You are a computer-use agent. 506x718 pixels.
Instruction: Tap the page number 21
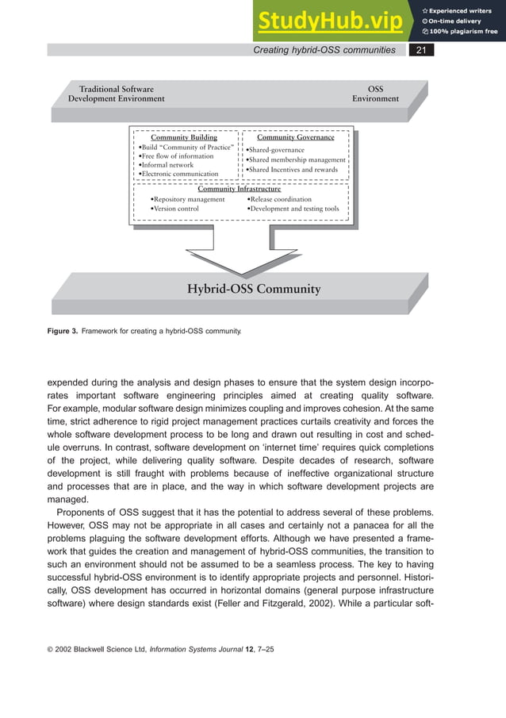[421, 50]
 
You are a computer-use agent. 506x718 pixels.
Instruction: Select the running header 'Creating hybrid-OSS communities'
[324, 50]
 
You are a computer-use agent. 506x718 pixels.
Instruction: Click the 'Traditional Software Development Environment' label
[117, 94]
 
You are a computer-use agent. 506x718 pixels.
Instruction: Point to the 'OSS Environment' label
[375, 94]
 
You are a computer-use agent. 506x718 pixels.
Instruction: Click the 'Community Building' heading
[184, 137]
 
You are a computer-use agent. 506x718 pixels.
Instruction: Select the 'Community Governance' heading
[295, 137]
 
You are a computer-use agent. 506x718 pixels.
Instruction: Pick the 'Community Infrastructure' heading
[239, 189]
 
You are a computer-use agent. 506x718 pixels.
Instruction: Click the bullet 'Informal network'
[167, 165]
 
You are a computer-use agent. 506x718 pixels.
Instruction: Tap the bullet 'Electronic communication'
[178, 174]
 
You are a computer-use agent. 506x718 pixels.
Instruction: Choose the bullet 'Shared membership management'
[296, 159]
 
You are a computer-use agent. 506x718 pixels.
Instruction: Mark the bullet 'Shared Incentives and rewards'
[291, 170]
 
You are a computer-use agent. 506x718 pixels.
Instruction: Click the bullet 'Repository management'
[188, 199]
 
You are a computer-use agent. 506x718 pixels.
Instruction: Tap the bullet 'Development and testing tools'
[293, 209]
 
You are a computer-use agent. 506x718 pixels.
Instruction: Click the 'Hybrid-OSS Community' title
[254, 289]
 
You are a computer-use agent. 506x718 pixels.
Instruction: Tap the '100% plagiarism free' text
[460, 32]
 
